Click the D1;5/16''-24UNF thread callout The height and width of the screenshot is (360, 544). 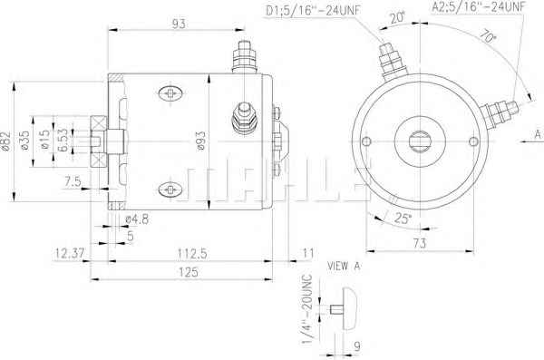[x=313, y=10]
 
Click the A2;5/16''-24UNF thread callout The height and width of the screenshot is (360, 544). [x=479, y=6]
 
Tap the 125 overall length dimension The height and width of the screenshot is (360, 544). [x=189, y=272]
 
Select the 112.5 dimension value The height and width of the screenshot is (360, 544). [x=192, y=253]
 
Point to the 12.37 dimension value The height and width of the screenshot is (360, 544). [x=70, y=253]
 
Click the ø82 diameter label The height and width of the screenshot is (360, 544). [x=6, y=141]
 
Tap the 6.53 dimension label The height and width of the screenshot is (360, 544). [x=63, y=141]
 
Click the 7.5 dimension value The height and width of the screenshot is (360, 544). [x=73, y=181]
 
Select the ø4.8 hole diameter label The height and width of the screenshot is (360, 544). [x=137, y=219]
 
